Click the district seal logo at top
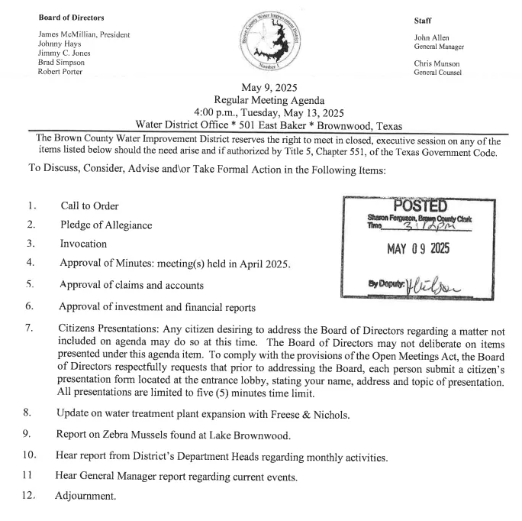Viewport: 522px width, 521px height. [x=274, y=43]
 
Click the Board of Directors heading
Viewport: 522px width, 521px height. [x=71, y=17]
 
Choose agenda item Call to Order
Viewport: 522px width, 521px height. [x=89, y=205]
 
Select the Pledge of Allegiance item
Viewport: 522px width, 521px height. [x=106, y=225]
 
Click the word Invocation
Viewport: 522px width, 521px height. [x=83, y=244]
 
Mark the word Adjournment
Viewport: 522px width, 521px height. [x=85, y=497]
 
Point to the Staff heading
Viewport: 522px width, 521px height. [x=423, y=21]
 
